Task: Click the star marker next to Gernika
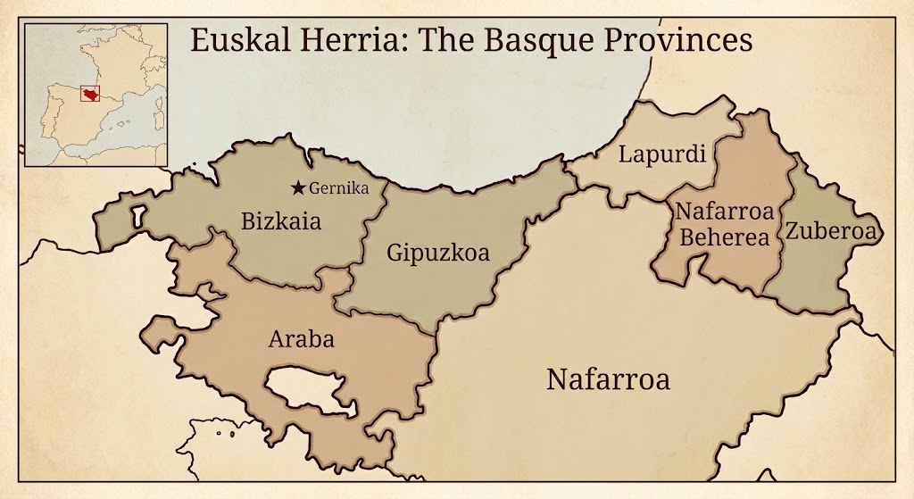tap(298, 187)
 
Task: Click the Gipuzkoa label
tap(438, 253)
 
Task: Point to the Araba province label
tap(301, 339)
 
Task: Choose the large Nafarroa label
tap(608, 378)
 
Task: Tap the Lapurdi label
tap(662, 154)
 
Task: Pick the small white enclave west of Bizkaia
tap(137, 216)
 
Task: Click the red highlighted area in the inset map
tap(91, 95)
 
